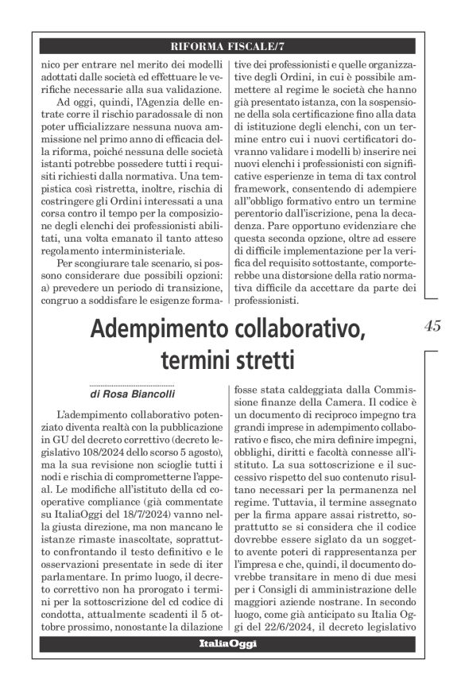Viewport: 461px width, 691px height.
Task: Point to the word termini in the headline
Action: click(190, 360)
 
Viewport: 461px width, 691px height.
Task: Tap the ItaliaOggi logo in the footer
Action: click(228, 644)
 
